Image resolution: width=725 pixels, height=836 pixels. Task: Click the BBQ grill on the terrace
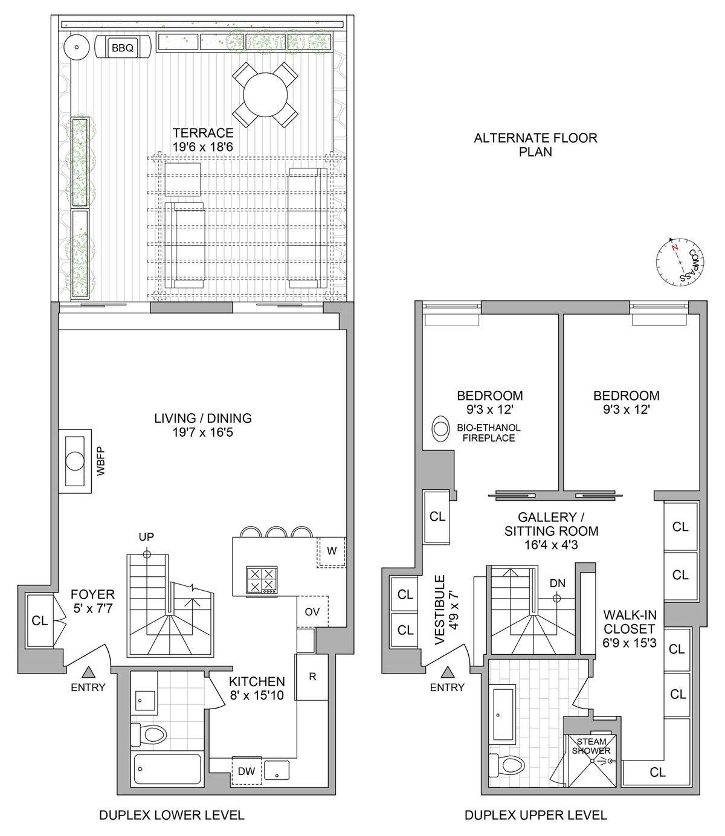click(x=123, y=48)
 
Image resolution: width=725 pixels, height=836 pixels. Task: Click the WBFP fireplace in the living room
click(x=75, y=461)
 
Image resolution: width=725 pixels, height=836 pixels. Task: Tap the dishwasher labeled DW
click(x=246, y=770)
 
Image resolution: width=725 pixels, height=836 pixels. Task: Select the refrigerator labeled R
click(x=312, y=677)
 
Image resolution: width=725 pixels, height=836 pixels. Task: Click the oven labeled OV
click(x=312, y=612)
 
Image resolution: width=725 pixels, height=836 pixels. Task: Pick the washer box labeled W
click(x=331, y=551)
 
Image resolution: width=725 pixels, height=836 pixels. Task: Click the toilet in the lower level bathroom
click(x=150, y=735)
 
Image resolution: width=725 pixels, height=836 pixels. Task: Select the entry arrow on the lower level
click(x=88, y=672)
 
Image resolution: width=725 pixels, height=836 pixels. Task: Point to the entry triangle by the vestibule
click(x=448, y=672)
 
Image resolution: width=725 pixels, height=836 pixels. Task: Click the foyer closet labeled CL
click(x=40, y=621)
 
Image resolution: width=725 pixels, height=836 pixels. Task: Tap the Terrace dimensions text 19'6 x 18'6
click(x=202, y=146)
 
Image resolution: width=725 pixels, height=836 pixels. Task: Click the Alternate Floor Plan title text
click(x=535, y=144)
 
